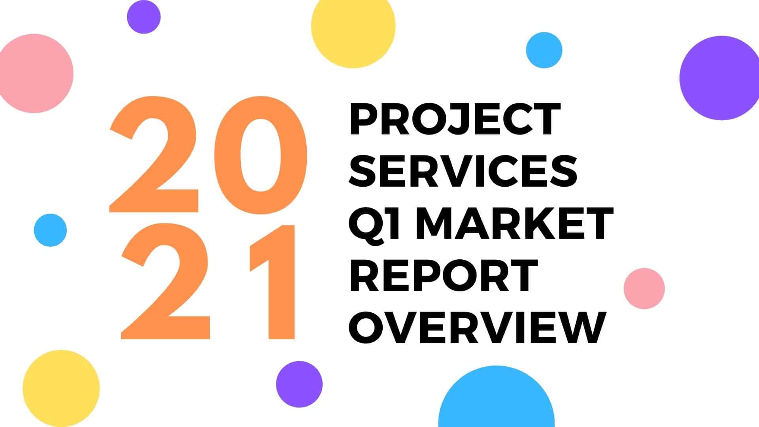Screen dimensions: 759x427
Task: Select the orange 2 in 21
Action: pyautogui.click(x=166, y=282)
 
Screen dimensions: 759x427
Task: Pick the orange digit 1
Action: pyautogui.click(x=272, y=282)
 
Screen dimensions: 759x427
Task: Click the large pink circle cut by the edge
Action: pyautogui.click(x=36, y=74)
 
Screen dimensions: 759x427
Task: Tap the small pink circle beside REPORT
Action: pyautogui.click(x=644, y=289)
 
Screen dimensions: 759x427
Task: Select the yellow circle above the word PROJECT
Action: pyautogui.click(x=353, y=26)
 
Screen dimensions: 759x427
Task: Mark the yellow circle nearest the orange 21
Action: pyautogui.click(x=61, y=388)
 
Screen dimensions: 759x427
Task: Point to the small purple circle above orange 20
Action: pyautogui.click(x=144, y=17)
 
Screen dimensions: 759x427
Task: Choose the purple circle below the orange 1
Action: pyautogui.click(x=299, y=384)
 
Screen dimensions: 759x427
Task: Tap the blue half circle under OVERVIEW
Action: pyautogui.click(x=497, y=397)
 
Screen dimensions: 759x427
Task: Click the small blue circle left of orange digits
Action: pyautogui.click(x=50, y=230)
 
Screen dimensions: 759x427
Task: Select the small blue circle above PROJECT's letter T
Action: pyautogui.click(x=544, y=50)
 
